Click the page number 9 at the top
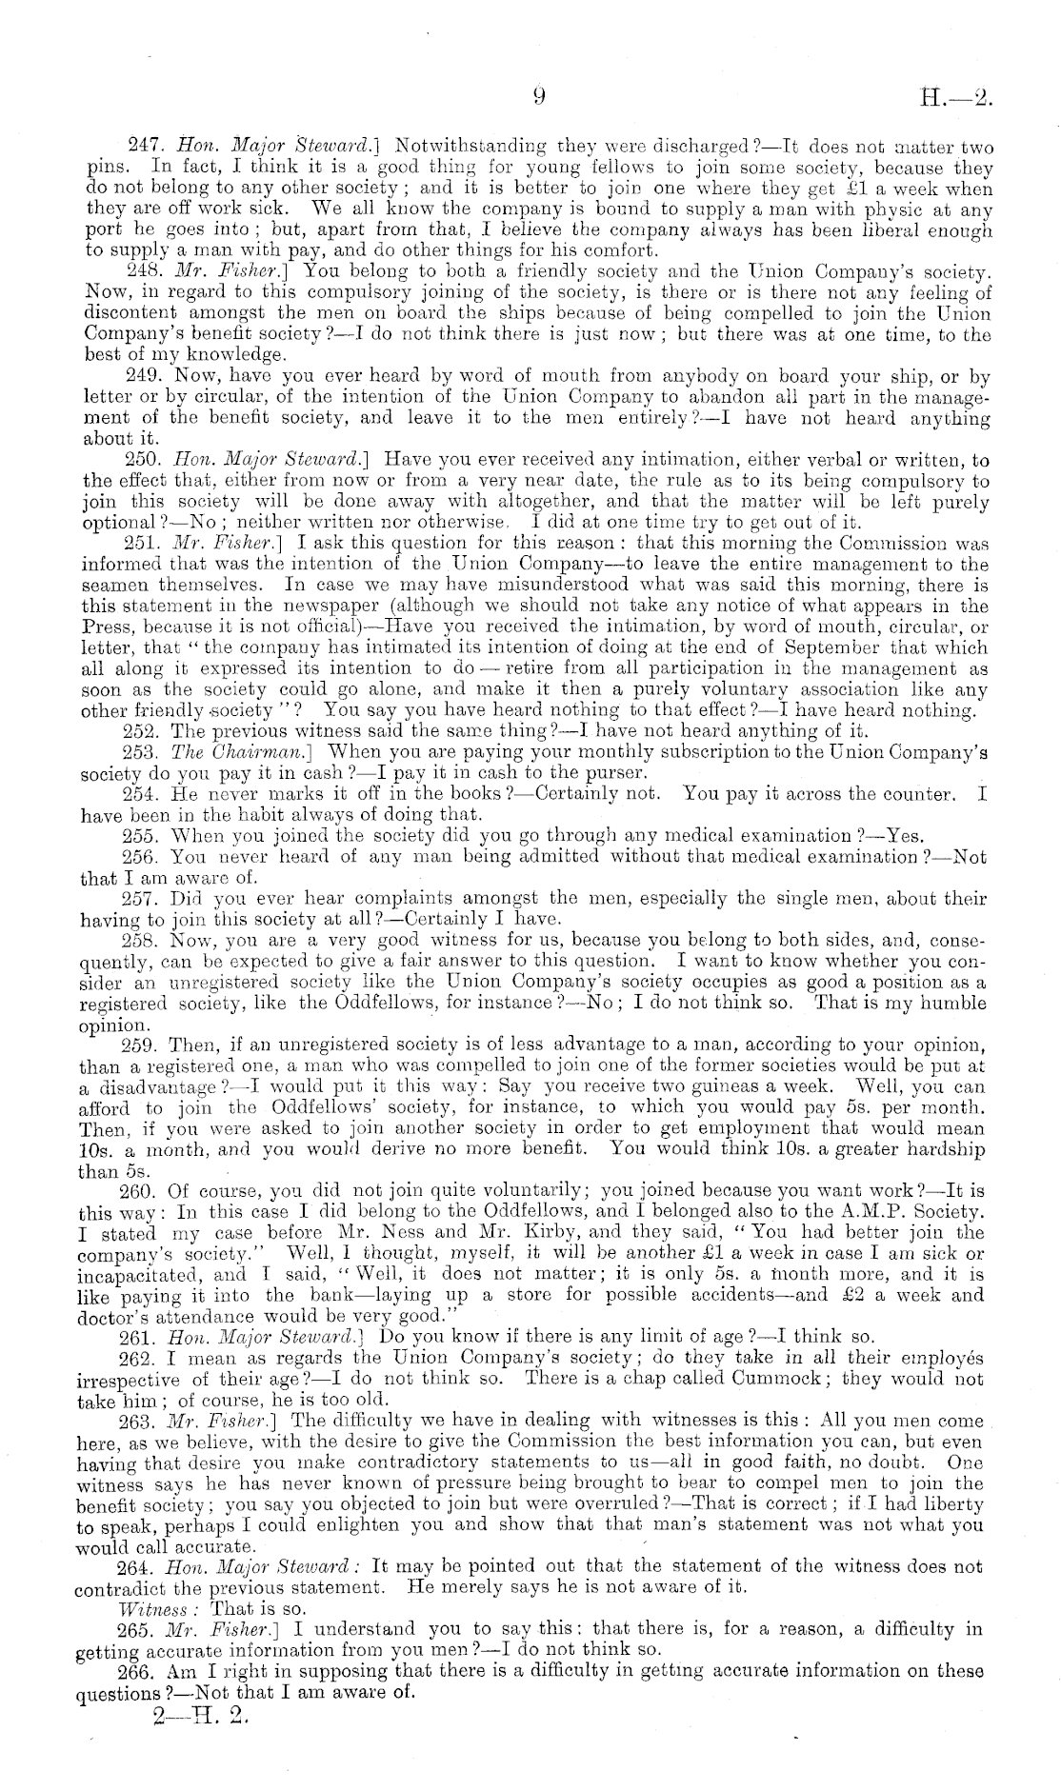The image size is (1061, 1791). [x=538, y=94]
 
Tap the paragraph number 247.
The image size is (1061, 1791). [x=143, y=148]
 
